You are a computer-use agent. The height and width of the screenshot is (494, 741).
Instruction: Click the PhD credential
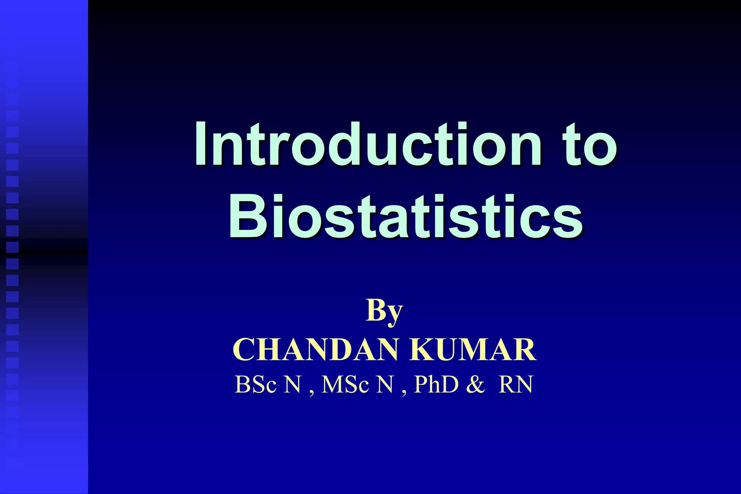point(436,384)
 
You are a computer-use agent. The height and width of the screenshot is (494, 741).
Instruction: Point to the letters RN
point(516,384)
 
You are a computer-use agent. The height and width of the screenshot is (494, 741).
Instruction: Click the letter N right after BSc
point(292,384)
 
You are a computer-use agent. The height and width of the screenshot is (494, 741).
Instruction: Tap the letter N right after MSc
point(385,384)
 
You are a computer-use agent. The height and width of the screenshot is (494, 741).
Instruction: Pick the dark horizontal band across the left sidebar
point(44,252)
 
